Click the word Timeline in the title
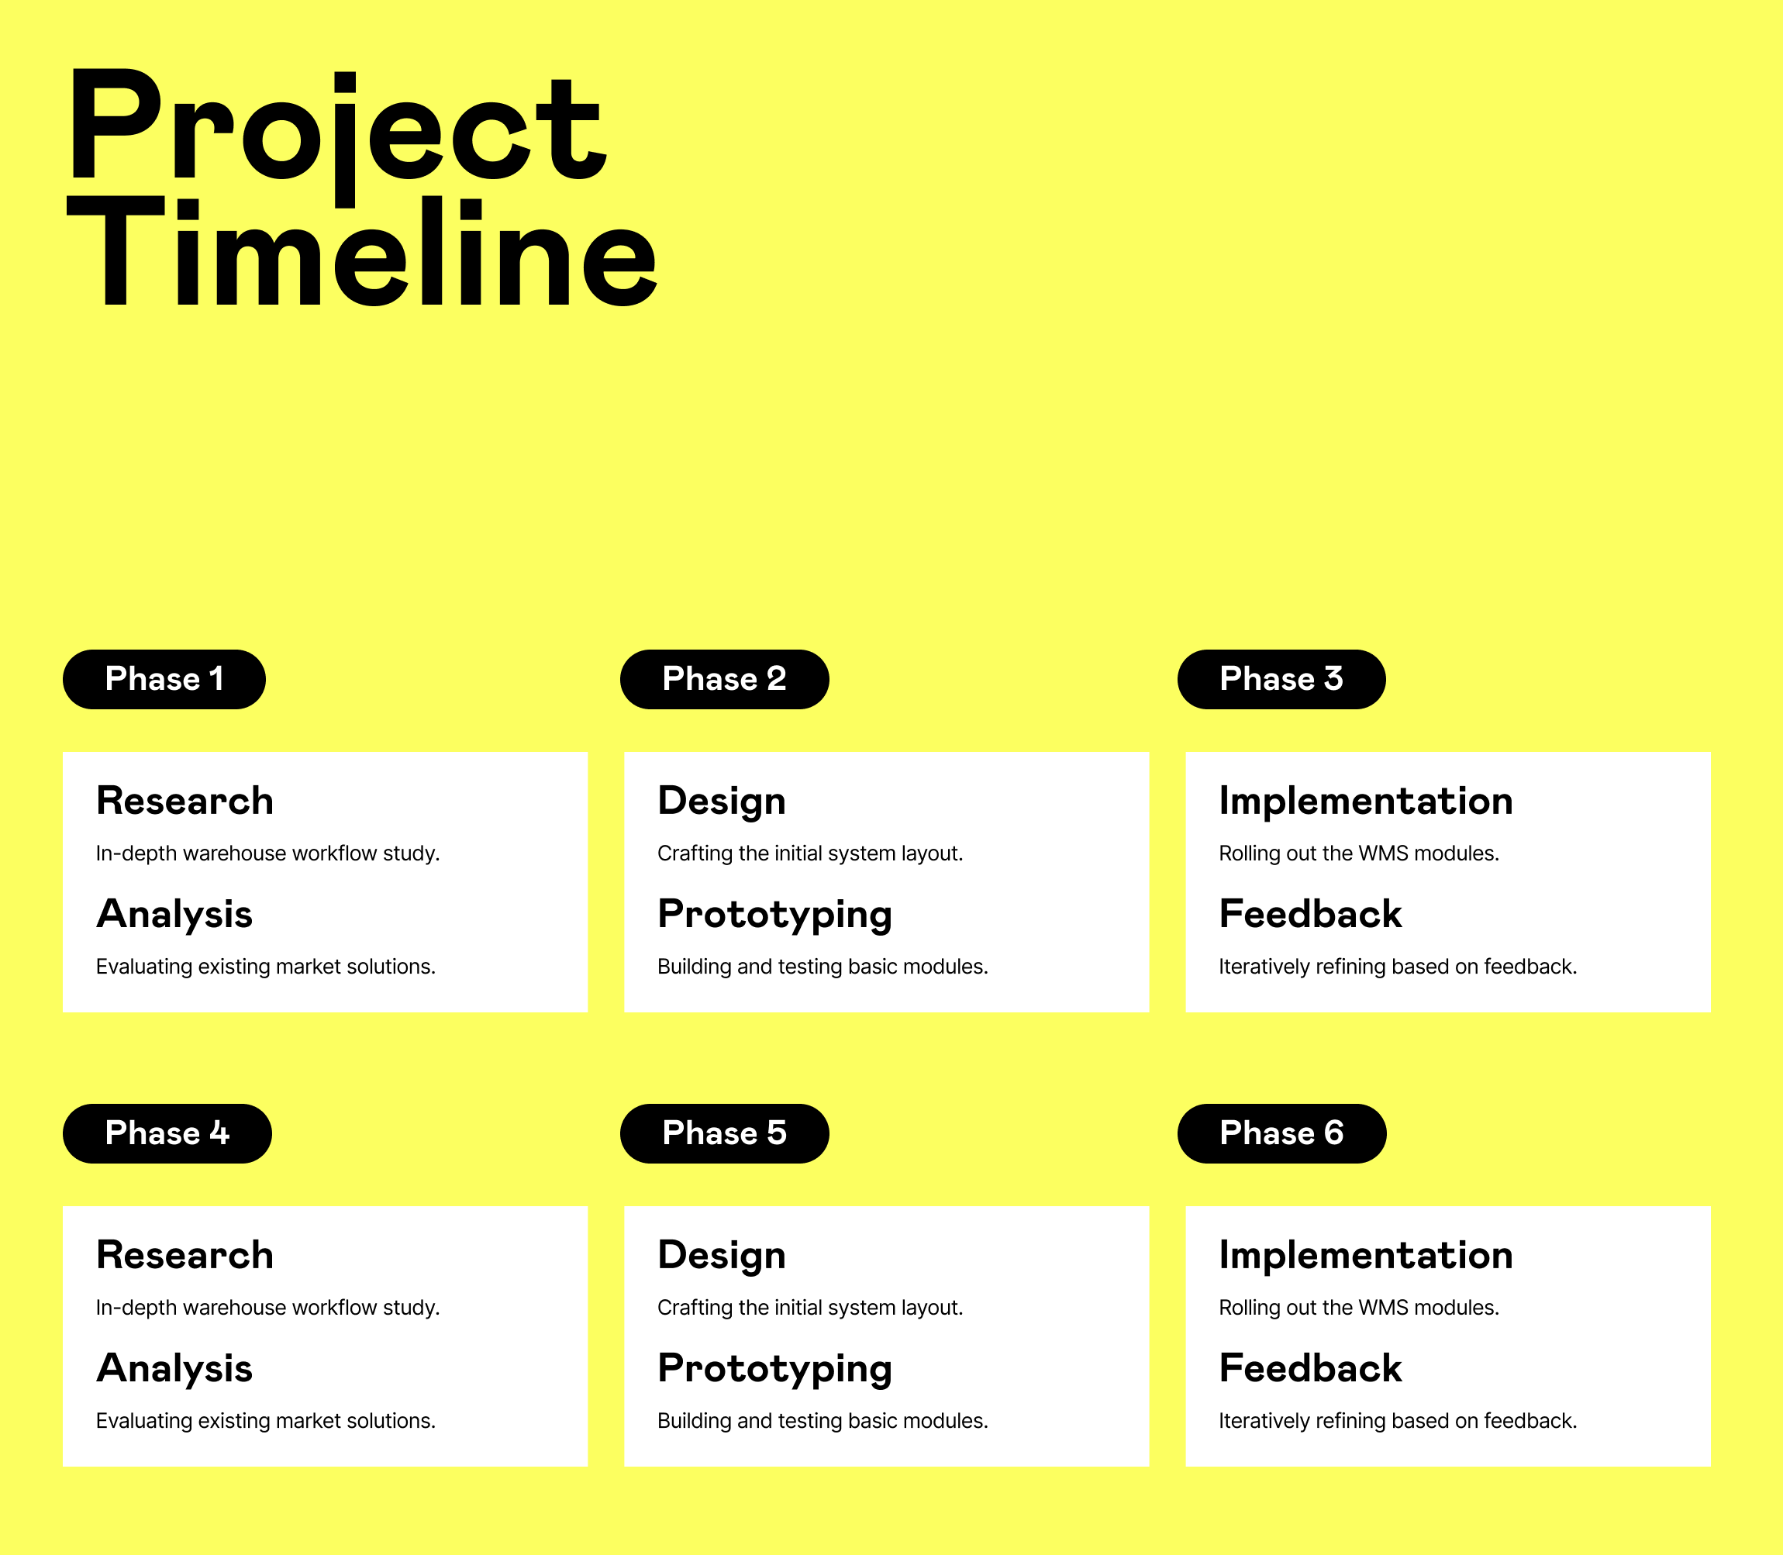362,252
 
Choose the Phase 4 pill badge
167,1133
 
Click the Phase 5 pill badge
725,1133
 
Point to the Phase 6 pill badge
1281,1133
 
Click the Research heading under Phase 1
185,801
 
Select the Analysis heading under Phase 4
174,1368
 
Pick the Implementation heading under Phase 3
1366,801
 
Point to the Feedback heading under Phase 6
1310,1368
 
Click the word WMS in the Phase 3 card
1383,854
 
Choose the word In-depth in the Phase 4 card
136,1308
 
